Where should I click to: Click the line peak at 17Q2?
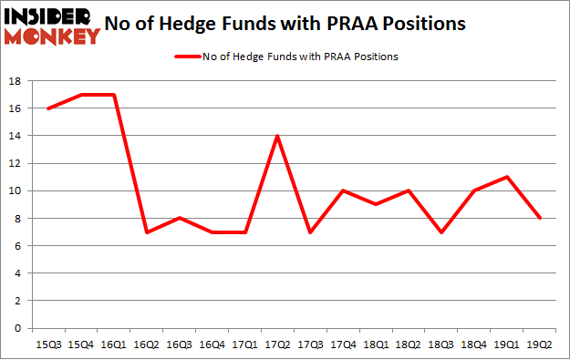point(276,136)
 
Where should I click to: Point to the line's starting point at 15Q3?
point(47,108)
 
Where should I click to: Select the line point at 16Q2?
point(145,231)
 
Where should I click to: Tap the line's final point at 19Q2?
point(539,218)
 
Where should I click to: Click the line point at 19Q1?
point(506,177)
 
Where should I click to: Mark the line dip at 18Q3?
point(440,231)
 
